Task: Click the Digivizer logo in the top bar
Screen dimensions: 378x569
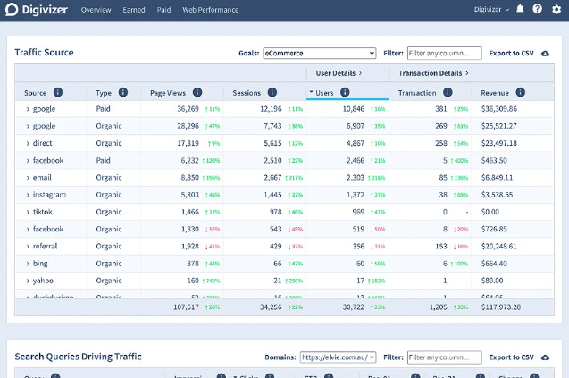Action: [x=37, y=10]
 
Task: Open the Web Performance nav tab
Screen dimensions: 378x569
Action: [x=211, y=10]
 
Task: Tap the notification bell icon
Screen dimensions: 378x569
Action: [x=521, y=10]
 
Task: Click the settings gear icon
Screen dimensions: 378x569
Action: [x=556, y=10]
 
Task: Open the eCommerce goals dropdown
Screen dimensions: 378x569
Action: [x=319, y=53]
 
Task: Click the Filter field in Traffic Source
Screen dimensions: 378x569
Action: [x=444, y=53]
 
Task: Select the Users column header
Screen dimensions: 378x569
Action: [x=324, y=92]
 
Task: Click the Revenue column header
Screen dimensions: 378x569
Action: [x=495, y=92]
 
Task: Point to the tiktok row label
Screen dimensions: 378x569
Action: [x=43, y=212]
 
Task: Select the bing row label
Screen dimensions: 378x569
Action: [x=40, y=264]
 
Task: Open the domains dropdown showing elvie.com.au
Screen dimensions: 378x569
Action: [x=339, y=357]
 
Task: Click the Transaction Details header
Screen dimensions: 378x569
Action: [x=432, y=72]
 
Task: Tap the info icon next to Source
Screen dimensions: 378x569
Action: [x=58, y=92]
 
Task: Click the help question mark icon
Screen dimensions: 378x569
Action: [x=538, y=10]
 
